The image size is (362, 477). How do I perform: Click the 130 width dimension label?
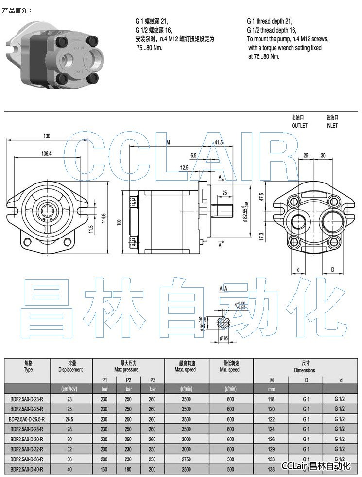pos(47,136)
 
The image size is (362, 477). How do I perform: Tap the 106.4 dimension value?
pos(46,153)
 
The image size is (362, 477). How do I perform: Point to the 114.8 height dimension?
pos(103,216)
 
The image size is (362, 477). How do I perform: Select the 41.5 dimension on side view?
pos(218,143)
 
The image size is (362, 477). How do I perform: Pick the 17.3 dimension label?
pos(261,237)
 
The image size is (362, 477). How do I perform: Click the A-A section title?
pos(224,289)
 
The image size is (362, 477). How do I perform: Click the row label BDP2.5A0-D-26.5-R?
pos(27,419)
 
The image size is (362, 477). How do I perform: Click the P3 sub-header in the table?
pos(153,380)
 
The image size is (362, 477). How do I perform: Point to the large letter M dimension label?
pos(168,143)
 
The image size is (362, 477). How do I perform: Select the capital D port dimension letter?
pos(333,269)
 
